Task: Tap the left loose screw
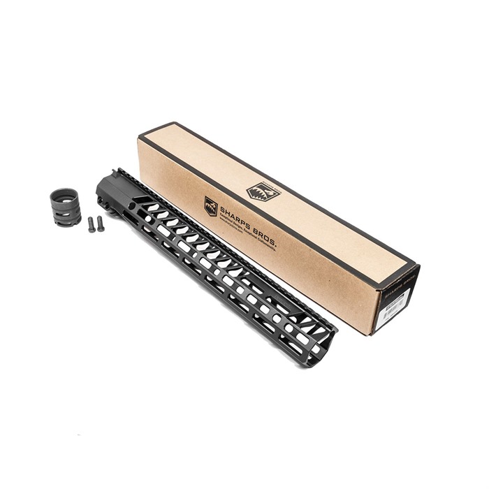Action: pyautogui.click(x=90, y=224)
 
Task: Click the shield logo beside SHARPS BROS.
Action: pyautogui.click(x=210, y=205)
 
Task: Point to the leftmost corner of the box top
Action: pyautogui.click(x=139, y=137)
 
